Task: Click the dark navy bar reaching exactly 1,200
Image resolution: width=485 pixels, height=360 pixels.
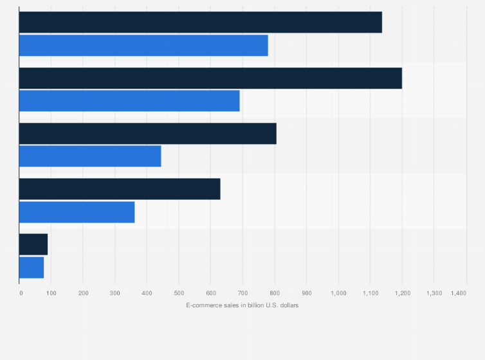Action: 210,78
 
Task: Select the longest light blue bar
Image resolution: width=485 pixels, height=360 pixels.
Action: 143,46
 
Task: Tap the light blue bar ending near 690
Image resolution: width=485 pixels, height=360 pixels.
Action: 129,101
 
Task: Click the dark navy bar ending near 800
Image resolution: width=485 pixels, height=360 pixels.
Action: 147,133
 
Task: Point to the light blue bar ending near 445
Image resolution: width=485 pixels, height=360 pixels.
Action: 90,156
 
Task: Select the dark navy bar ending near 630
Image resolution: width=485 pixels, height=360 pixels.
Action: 120,189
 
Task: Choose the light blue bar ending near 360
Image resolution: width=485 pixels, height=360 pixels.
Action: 77,212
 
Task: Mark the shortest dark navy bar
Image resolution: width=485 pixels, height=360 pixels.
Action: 33,244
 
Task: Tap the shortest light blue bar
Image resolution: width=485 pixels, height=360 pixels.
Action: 32,267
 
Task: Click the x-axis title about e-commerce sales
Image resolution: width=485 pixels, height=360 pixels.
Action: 242,305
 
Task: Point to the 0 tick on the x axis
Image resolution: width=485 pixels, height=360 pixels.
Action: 21,293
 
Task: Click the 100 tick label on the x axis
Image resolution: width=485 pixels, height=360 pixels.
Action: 51,293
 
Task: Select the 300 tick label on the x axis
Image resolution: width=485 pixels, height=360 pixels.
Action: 115,293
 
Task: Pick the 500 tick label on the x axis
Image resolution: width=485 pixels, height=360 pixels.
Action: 179,293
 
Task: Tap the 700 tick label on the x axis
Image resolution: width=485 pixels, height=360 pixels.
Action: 243,293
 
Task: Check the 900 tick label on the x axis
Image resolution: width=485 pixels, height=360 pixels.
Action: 306,293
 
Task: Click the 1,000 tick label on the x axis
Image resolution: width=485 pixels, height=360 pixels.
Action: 338,293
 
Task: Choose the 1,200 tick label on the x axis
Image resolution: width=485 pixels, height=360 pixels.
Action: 402,293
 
